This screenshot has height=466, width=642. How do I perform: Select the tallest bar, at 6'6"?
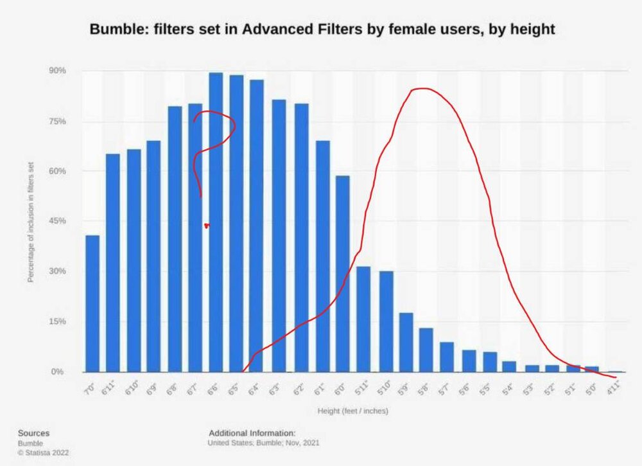(x=216, y=222)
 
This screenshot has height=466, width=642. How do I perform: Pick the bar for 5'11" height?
(x=363, y=319)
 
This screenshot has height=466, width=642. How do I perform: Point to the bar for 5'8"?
(x=426, y=350)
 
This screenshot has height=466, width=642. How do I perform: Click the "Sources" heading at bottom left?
(x=33, y=433)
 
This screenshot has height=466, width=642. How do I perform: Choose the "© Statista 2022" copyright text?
(x=43, y=453)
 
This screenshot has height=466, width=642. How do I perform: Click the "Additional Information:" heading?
(x=252, y=433)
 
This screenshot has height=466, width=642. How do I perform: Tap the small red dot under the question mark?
(x=206, y=226)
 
